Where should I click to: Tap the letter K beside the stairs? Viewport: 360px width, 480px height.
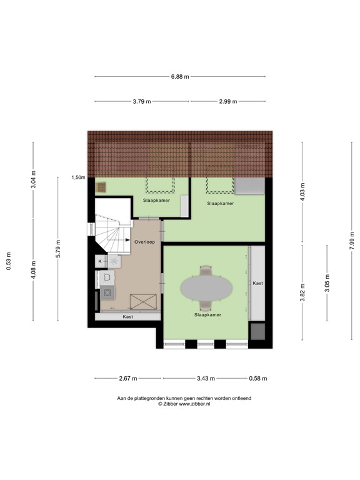(x=99, y=260)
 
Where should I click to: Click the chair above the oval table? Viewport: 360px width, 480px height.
(x=206, y=271)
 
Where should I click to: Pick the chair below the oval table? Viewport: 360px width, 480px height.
(x=206, y=306)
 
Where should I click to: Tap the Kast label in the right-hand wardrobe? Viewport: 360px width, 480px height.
(x=257, y=283)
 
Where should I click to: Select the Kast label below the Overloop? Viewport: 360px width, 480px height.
(x=127, y=317)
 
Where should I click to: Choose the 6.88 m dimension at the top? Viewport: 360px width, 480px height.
(x=180, y=77)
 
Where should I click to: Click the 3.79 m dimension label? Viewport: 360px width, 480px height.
(x=142, y=101)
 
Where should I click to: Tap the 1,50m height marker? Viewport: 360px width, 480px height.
(x=78, y=177)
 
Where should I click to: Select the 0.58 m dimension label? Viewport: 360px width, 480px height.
(x=257, y=378)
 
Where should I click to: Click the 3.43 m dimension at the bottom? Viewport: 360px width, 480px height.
(x=205, y=378)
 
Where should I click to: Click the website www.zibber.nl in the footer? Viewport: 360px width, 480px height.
(x=194, y=404)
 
